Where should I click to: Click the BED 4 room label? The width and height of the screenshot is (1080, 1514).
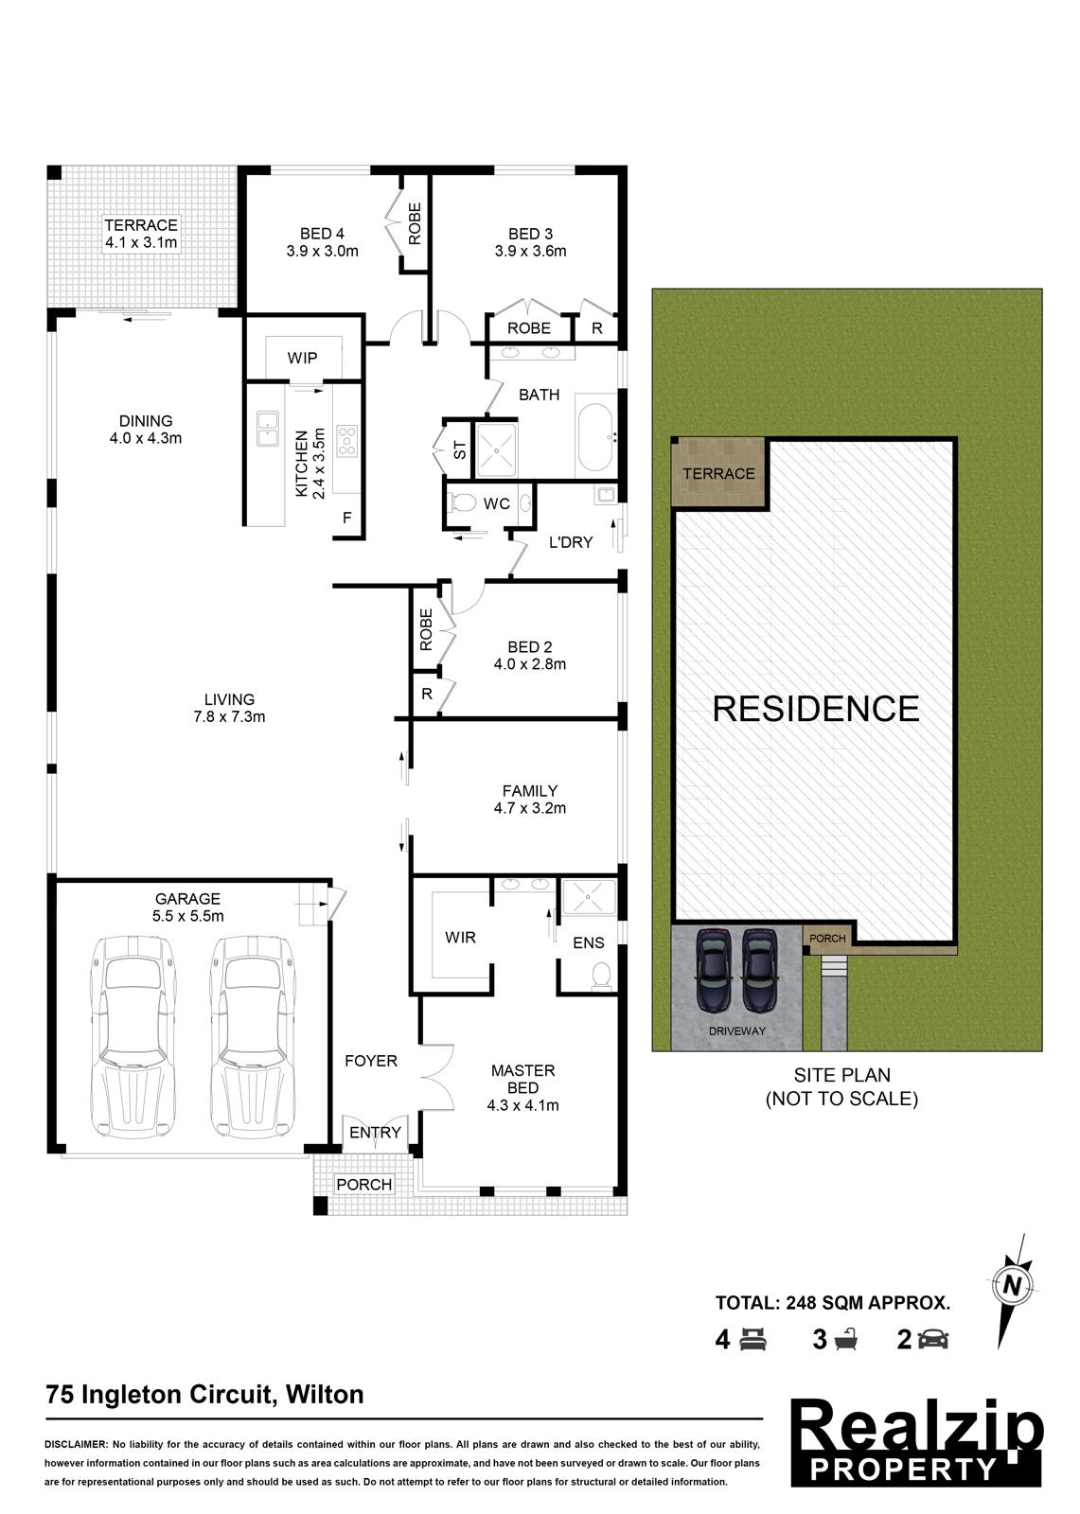pyautogui.click(x=322, y=241)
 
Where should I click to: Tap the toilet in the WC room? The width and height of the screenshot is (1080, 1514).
pyautogui.click(x=463, y=502)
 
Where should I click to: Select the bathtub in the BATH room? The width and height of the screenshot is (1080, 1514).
pyautogui.click(x=595, y=438)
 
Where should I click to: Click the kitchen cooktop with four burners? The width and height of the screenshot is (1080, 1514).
pyautogui.click(x=346, y=440)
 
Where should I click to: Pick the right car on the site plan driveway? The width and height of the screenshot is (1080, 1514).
pyautogui.click(x=758, y=970)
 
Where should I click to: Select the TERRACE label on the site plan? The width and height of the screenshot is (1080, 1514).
pyautogui.click(x=718, y=473)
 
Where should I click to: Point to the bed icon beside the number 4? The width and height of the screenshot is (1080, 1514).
pyautogui.click(x=752, y=1339)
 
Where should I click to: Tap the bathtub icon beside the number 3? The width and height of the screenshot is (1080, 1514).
pyautogui.click(x=845, y=1339)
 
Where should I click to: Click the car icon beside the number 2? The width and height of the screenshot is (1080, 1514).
pyautogui.click(x=932, y=1339)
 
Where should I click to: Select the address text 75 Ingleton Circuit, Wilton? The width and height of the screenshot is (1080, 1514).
pyautogui.click(x=204, y=1395)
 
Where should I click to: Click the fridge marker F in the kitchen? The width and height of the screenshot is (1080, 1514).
pyautogui.click(x=347, y=518)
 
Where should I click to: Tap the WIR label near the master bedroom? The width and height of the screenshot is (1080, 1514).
pyautogui.click(x=460, y=937)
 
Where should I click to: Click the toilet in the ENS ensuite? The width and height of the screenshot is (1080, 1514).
pyautogui.click(x=600, y=976)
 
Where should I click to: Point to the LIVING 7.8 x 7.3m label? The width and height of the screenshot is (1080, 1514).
pyautogui.click(x=229, y=708)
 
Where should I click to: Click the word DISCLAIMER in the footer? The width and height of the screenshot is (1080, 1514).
pyautogui.click(x=76, y=1444)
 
